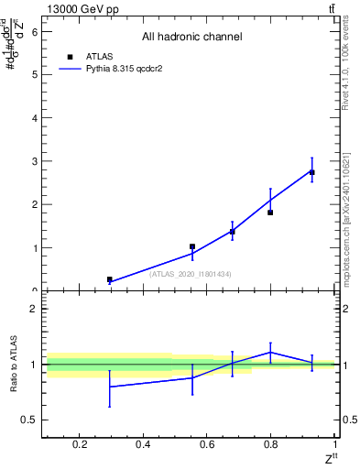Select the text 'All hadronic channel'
pyautogui.click(x=191, y=37)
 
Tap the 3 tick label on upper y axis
pyautogui.click(x=36, y=161)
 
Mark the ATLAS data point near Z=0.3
pyautogui.click(x=110, y=279)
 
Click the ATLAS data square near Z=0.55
pyautogui.click(x=192, y=246)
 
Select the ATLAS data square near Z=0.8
pyautogui.click(x=271, y=213)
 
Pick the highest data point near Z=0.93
pyautogui.click(x=312, y=172)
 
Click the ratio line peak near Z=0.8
pyautogui.click(x=271, y=352)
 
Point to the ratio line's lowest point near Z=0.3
pyautogui.click(x=110, y=387)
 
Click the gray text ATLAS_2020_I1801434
pyautogui.click(x=191, y=274)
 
